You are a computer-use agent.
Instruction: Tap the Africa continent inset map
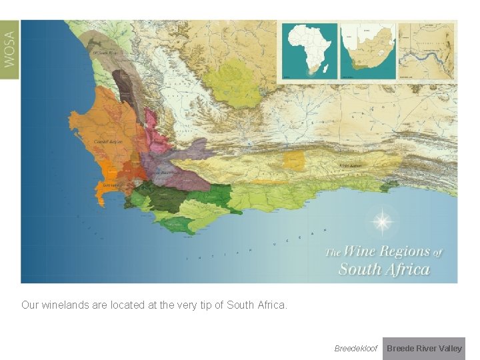309,51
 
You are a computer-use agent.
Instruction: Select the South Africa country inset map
367,51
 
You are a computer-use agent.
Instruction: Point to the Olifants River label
105,52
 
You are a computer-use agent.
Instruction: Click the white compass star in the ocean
382,221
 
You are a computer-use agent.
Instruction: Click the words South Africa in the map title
384,269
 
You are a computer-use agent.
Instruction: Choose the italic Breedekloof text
355,349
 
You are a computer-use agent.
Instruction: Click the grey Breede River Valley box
424,349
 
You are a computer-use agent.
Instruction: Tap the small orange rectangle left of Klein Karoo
294,160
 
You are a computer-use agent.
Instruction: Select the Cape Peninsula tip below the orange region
101,197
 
